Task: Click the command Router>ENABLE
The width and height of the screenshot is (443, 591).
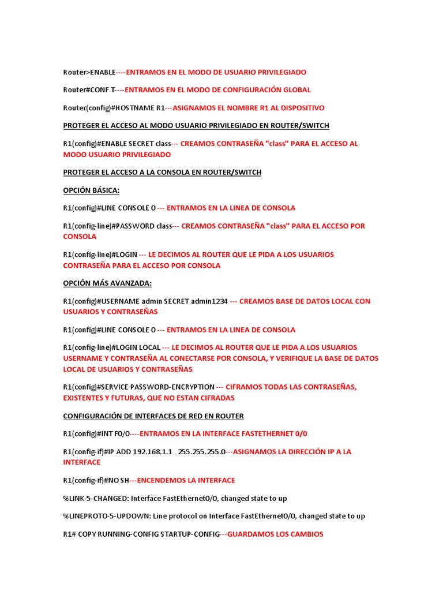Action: (89, 72)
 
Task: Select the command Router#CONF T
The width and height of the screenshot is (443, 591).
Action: (89, 90)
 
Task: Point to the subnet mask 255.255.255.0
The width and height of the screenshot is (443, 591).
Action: (202, 452)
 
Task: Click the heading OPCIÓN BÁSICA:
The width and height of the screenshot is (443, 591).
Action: (91, 190)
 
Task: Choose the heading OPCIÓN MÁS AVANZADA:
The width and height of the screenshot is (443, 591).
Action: (107, 283)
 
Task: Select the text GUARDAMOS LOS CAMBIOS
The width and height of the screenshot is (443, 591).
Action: (275, 534)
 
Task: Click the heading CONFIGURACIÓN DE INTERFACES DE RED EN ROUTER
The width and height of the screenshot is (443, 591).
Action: (153, 416)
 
